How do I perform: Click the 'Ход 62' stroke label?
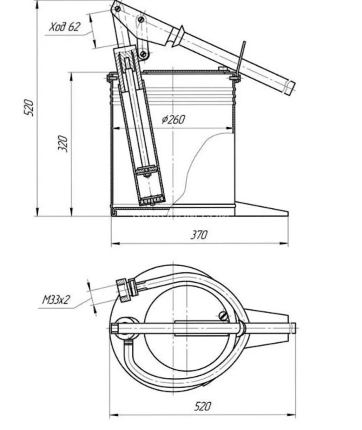tap(65, 27)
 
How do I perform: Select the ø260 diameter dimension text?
tap(173, 120)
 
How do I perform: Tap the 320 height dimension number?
tap(63, 144)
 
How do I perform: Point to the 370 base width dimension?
tap(199, 235)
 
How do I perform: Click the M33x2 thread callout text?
tap(56, 300)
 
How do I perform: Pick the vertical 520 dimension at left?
tap(29, 108)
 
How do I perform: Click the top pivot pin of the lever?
tap(118, 9)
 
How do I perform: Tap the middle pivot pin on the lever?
tap(141, 20)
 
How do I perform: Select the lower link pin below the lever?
tap(143, 54)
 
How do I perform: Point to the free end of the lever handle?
tap(290, 88)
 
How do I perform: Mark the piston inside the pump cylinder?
tap(146, 170)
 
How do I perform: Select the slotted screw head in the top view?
tap(224, 316)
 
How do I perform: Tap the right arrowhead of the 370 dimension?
tap(284, 244)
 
